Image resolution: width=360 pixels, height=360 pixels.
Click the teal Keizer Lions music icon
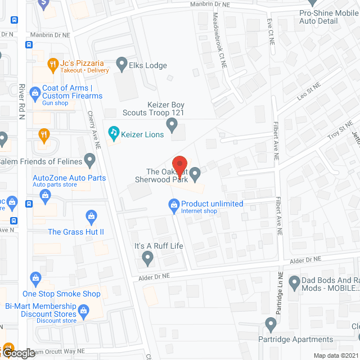[114, 133]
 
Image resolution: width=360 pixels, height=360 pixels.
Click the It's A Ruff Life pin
[147, 258]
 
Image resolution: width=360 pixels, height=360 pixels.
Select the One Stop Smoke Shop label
[61, 294]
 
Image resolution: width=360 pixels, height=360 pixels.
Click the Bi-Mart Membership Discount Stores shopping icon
[84, 310]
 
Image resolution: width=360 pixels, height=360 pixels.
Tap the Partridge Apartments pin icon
[271, 324]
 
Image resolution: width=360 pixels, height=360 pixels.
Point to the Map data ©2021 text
[335, 355]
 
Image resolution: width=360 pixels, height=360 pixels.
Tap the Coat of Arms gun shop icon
[35, 91]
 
